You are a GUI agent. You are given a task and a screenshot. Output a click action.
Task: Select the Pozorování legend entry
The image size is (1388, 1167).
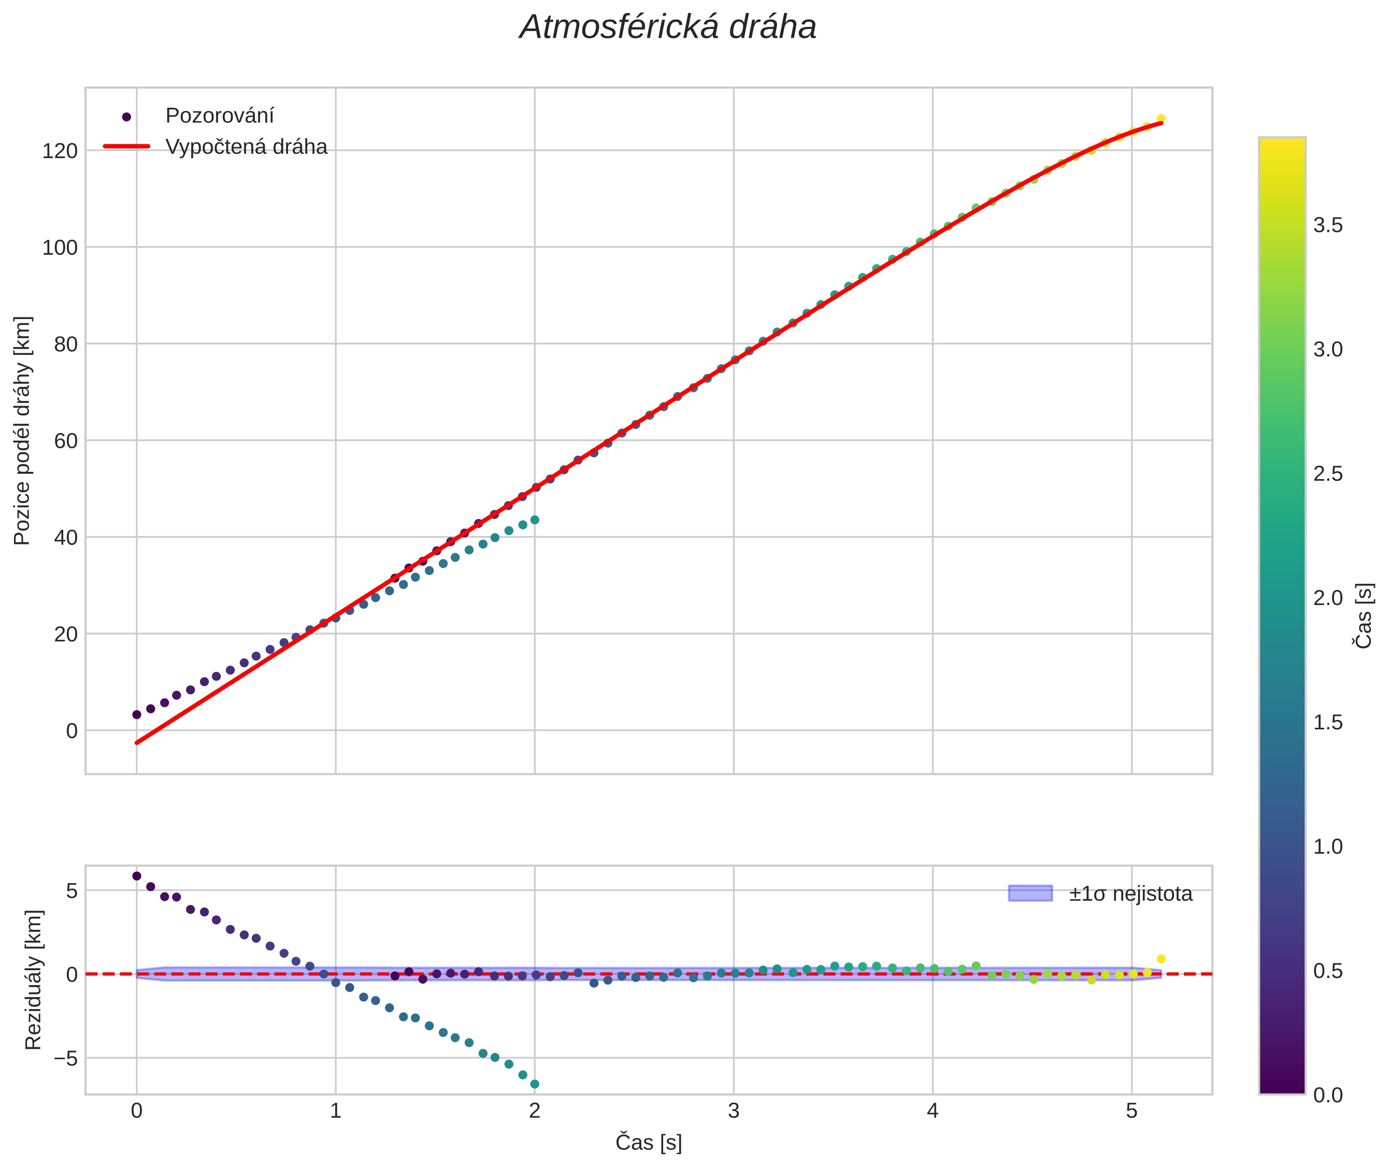(219, 116)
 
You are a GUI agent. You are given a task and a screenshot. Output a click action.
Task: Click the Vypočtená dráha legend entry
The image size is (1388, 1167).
(246, 147)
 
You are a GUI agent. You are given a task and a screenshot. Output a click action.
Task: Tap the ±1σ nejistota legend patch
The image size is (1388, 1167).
(1029, 893)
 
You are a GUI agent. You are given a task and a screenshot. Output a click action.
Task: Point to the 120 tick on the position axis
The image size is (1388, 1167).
(60, 151)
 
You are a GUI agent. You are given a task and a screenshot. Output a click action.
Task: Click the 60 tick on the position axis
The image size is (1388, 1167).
(65, 441)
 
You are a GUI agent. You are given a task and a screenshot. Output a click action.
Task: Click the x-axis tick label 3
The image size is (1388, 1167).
(733, 1111)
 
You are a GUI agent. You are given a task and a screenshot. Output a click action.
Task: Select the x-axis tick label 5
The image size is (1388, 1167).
(1132, 1111)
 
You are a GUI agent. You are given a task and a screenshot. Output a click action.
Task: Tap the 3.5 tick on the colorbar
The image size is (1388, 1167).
(1328, 226)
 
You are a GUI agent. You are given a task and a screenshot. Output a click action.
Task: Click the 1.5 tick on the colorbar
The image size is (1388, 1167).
(1328, 723)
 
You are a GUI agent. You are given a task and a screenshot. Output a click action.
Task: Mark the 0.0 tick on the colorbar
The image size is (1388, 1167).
(1328, 1096)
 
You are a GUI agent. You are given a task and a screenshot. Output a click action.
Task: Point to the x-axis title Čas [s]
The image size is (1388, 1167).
(648, 1143)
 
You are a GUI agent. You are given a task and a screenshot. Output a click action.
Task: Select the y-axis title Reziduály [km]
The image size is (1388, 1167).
(33, 980)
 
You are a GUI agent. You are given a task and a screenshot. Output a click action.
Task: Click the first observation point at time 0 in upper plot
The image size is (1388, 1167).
(137, 714)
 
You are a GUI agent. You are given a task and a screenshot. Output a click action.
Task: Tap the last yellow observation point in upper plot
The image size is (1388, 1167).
(1161, 119)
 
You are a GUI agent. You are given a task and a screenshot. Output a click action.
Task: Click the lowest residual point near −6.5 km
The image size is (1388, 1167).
(535, 1084)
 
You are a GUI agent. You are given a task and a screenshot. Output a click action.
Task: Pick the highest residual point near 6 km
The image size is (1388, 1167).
(137, 876)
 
